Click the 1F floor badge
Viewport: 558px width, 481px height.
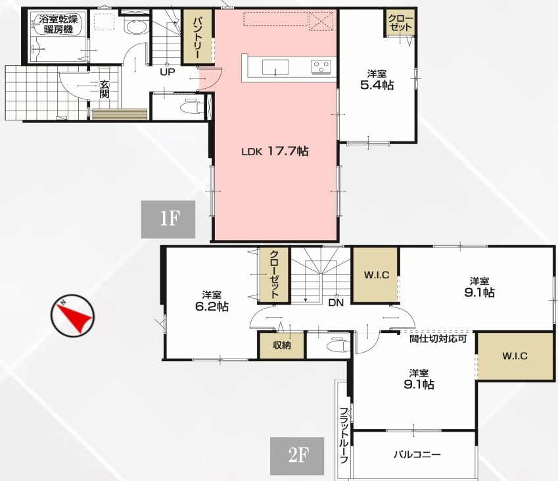(168, 219)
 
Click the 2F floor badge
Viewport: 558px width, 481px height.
(297, 456)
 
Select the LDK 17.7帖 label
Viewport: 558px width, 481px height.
(275, 151)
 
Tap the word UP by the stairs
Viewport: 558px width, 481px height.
(167, 72)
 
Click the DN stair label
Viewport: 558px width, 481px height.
(336, 303)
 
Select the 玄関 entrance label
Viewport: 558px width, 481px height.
(105, 89)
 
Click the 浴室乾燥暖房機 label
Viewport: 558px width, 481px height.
(58, 24)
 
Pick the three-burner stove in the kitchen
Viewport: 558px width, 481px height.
(321, 67)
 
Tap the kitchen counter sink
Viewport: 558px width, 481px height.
(275, 67)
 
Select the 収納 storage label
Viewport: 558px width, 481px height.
(282, 345)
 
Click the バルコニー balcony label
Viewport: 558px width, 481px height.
(417, 455)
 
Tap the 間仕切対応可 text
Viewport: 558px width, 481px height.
(438, 338)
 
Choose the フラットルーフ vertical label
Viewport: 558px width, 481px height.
(344, 435)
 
